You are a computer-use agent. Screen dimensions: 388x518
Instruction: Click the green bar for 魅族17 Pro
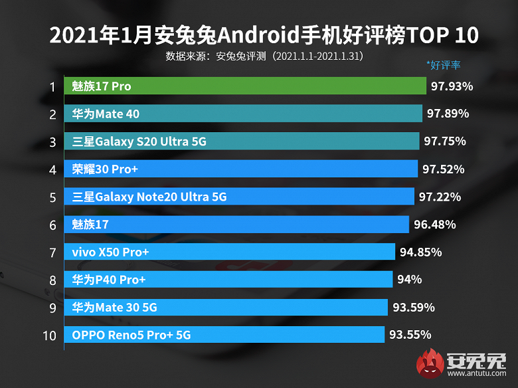(245, 86)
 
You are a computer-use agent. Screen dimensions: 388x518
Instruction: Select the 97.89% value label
(448, 114)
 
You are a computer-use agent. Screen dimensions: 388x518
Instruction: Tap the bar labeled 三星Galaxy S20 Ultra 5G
(242, 142)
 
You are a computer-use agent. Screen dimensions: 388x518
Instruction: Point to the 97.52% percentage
(443, 169)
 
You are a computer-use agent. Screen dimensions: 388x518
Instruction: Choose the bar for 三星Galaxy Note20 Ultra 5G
(240, 197)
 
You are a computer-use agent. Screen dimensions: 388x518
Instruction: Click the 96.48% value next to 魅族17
(434, 225)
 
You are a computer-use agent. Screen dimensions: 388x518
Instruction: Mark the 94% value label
(409, 280)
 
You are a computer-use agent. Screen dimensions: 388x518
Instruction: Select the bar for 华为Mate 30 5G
(226, 307)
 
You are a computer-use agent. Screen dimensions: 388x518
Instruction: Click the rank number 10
(49, 335)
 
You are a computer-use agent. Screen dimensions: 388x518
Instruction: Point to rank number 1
(51, 86)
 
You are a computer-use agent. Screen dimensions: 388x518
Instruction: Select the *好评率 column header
(444, 65)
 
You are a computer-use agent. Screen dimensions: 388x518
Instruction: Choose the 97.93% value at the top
(452, 86)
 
